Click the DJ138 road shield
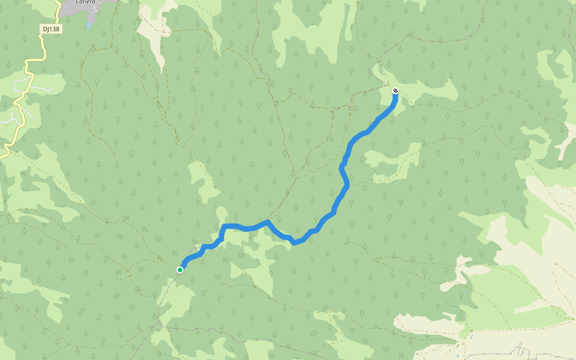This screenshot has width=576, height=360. tap(52, 29)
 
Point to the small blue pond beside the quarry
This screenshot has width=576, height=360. tap(89, 26)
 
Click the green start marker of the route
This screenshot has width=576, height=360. tap(180, 270)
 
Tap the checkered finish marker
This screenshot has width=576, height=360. tap(395, 91)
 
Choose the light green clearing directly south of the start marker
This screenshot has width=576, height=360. tap(174, 300)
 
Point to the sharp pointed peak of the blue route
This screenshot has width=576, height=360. tap(267, 221)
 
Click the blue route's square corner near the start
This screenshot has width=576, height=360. tap(224, 226)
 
